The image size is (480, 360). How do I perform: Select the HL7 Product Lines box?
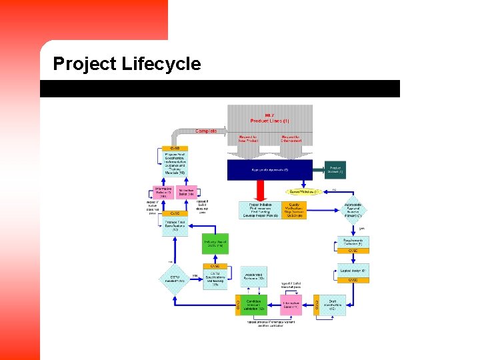(269, 119)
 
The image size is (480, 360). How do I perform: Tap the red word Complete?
(206, 131)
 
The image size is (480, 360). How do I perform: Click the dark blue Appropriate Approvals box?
(269, 170)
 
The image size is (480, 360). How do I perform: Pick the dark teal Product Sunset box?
(336, 170)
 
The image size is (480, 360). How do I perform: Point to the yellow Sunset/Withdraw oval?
(303, 191)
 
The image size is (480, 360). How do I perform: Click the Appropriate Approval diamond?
(353, 210)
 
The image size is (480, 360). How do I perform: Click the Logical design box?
(353, 271)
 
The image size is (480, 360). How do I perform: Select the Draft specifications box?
(333, 305)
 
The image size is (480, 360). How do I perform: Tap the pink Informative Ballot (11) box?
(291, 305)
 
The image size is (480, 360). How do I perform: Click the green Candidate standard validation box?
(253, 305)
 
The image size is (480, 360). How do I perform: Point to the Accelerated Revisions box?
(253, 275)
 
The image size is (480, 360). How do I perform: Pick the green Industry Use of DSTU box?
(215, 244)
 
